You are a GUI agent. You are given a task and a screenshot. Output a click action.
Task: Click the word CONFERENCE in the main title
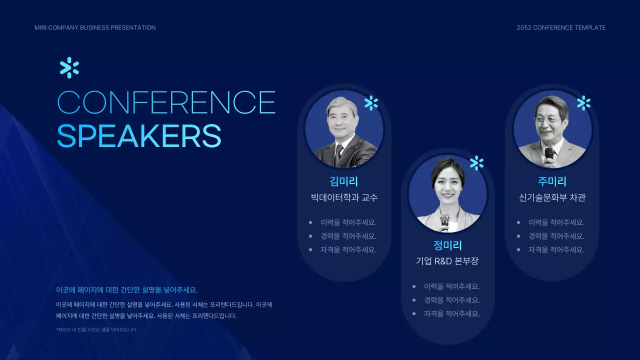166,102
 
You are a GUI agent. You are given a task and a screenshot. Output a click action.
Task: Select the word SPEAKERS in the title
139,135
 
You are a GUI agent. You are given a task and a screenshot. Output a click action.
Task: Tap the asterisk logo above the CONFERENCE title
69,68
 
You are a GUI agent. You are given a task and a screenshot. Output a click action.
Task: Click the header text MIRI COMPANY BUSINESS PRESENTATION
95,27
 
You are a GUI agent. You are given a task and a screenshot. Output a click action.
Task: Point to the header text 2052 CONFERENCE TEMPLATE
561,27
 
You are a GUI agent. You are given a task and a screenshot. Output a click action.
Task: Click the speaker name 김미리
344,181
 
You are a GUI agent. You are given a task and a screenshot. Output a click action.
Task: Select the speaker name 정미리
447,245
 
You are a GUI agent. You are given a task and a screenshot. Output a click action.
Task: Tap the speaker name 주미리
552,181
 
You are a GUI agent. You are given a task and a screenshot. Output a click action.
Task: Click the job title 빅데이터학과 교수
344,197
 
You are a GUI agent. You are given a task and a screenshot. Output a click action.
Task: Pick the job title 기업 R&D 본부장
447,261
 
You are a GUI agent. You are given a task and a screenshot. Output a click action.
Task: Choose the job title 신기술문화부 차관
552,197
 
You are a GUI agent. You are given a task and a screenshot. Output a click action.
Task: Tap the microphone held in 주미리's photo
549,154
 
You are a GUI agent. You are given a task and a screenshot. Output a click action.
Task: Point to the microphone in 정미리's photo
444,220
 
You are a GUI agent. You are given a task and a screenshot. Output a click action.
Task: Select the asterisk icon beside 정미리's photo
476,163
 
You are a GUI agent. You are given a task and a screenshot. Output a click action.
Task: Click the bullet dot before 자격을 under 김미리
310,249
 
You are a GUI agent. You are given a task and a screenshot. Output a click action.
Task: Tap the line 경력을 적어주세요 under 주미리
556,236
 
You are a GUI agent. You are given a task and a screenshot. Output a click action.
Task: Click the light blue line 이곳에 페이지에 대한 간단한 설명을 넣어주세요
126,290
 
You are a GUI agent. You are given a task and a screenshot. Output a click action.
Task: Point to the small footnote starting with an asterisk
96,329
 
